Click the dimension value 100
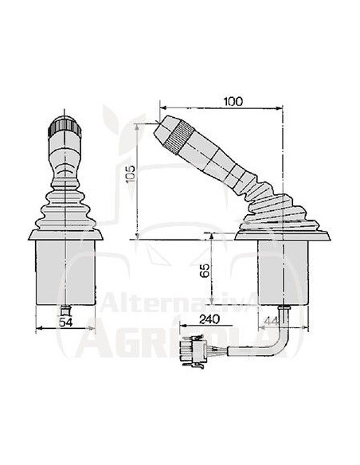coord(234,101)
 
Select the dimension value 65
coord(205,271)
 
